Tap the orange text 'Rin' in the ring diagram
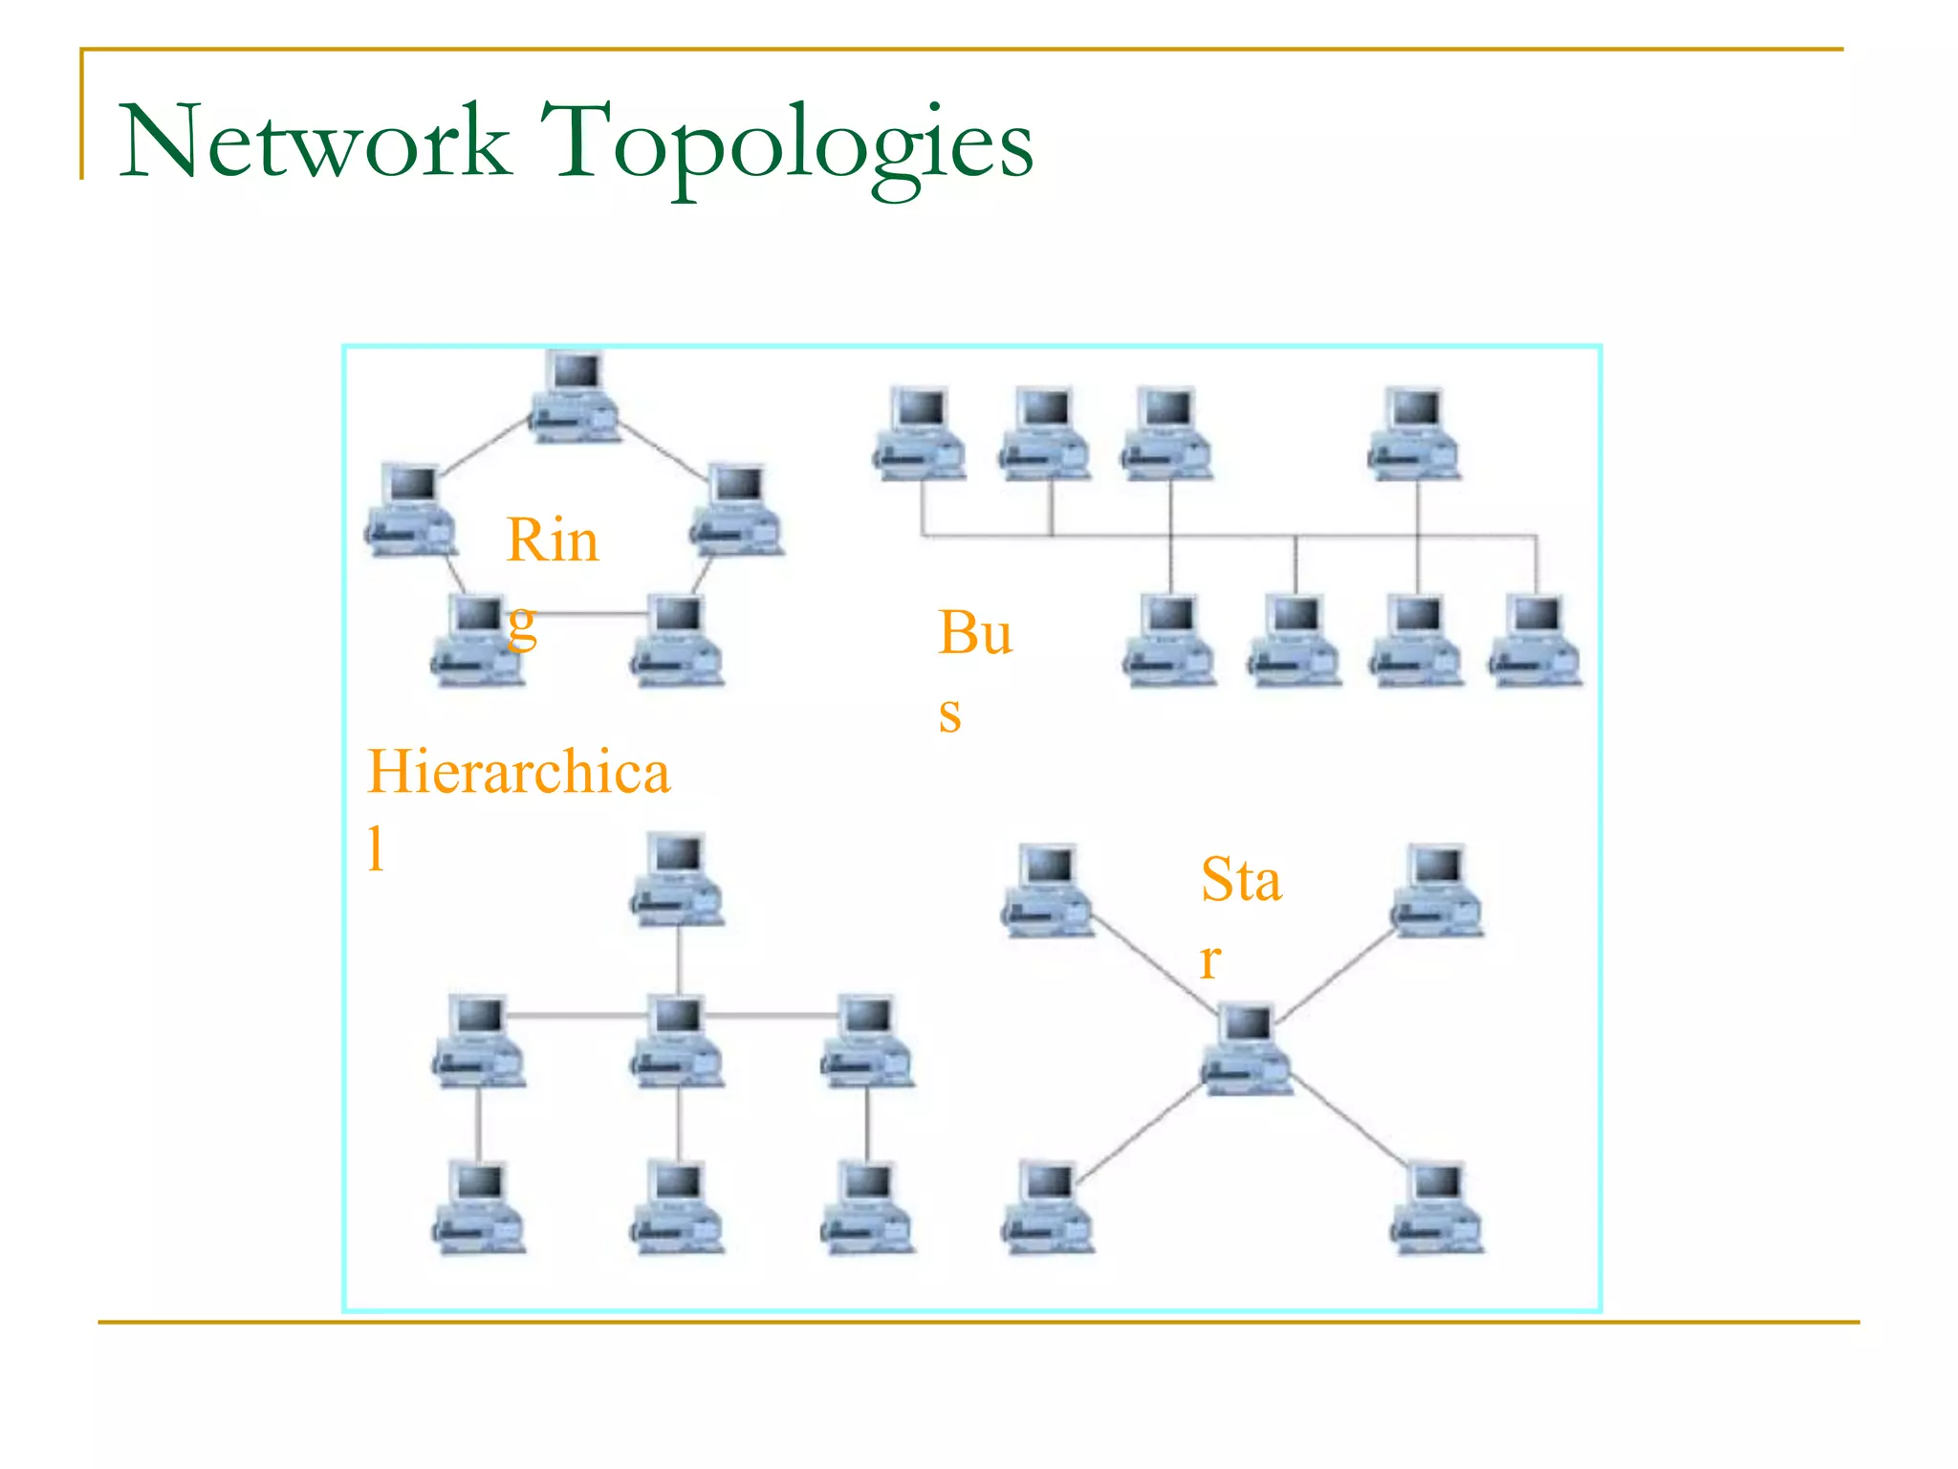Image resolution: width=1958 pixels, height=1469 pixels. click(x=552, y=540)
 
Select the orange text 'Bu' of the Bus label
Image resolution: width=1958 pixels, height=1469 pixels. click(x=974, y=633)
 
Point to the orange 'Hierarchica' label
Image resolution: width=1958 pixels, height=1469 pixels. click(x=518, y=772)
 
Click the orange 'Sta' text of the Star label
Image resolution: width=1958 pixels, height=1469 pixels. click(x=1240, y=880)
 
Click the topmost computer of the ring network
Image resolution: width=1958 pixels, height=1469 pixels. click(x=575, y=398)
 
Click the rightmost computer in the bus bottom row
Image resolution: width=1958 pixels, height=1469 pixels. click(x=1535, y=640)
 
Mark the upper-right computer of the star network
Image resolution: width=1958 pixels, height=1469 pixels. click(x=1436, y=890)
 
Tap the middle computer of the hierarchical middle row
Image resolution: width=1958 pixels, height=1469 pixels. click(x=677, y=1041)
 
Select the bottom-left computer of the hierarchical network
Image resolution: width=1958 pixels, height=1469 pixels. click(x=478, y=1207)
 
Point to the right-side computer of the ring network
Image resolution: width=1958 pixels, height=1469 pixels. click(x=737, y=510)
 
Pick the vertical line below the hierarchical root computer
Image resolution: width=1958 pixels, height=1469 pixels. click(x=678, y=959)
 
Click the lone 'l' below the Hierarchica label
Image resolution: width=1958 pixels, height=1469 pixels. click(x=377, y=848)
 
